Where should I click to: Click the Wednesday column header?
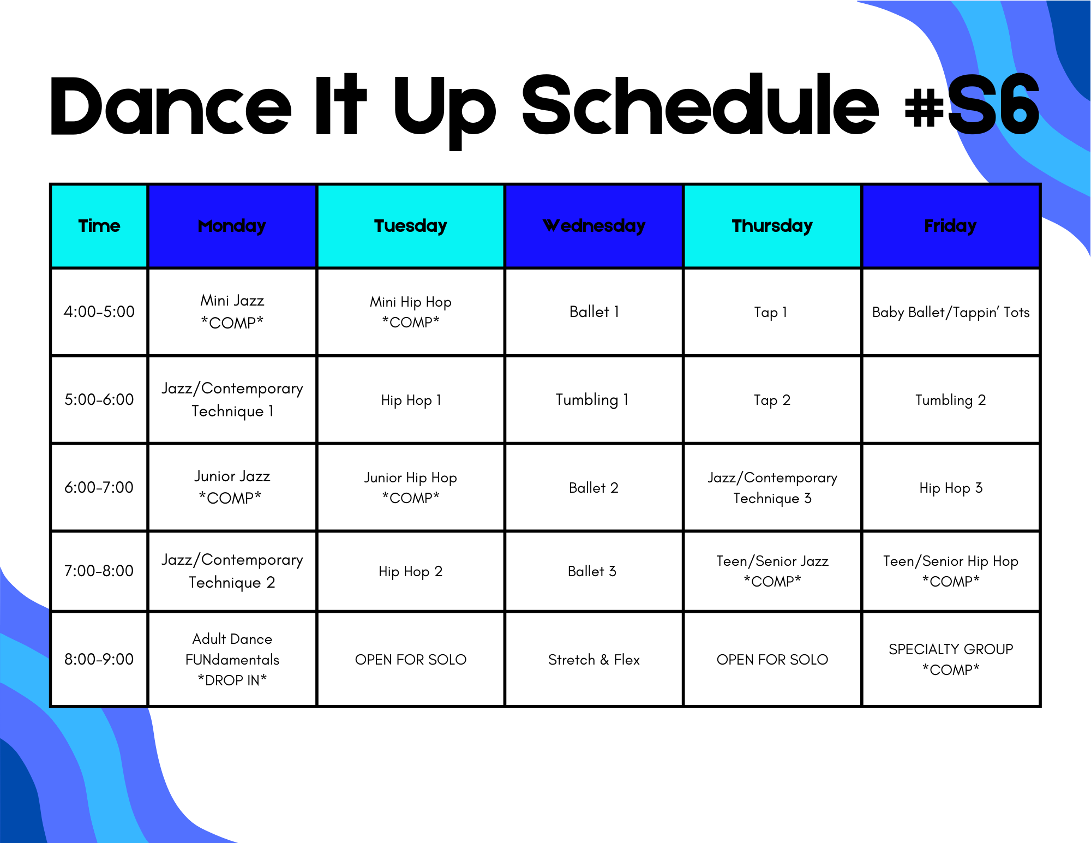(x=594, y=226)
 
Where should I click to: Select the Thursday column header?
(x=772, y=226)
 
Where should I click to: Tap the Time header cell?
(x=99, y=226)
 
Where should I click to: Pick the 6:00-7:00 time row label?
(x=99, y=487)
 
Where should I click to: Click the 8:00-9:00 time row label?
(x=99, y=659)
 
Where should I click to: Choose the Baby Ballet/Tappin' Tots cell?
(x=951, y=312)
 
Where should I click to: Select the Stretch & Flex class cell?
(x=594, y=660)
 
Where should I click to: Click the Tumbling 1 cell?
(x=594, y=400)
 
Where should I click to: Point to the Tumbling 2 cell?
(x=951, y=400)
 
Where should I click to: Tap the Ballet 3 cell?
(x=594, y=571)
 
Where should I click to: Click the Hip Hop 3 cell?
(x=951, y=488)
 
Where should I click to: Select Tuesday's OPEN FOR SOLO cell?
(x=411, y=660)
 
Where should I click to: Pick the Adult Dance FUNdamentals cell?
(x=232, y=660)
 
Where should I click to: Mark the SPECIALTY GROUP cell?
(x=951, y=660)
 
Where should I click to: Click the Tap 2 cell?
(x=772, y=400)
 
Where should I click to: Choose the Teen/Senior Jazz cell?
(x=772, y=571)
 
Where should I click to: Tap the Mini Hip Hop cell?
(x=411, y=312)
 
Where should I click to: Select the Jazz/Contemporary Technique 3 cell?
(x=772, y=488)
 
